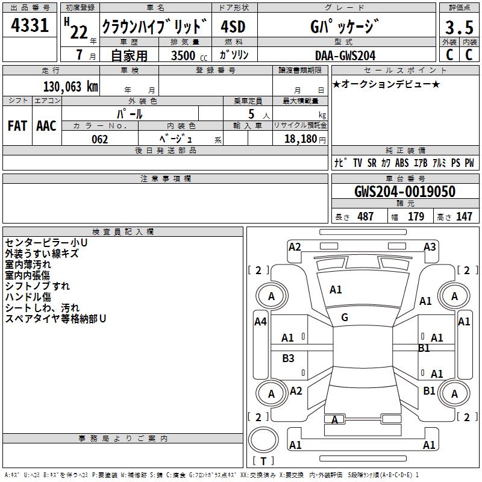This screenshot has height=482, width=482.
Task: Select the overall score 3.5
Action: (x=459, y=28)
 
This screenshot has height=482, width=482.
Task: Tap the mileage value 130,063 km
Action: (x=70, y=86)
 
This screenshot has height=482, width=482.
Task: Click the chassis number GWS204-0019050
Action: (x=404, y=192)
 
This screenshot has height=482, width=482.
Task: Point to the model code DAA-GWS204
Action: (x=345, y=55)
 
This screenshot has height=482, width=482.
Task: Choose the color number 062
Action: (x=99, y=139)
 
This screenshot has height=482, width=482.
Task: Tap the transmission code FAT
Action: (x=17, y=126)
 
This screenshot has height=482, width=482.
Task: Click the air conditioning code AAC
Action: (x=46, y=126)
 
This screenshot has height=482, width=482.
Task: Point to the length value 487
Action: (x=365, y=216)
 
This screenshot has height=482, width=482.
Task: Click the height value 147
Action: (x=464, y=216)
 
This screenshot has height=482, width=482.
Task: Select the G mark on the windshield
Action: (x=345, y=318)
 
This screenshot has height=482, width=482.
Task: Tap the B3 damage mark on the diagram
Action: (x=289, y=358)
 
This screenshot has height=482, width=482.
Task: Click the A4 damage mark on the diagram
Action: (x=260, y=322)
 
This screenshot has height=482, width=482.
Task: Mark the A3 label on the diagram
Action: (x=430, y=246)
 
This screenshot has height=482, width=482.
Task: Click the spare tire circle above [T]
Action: (x=263, y=440)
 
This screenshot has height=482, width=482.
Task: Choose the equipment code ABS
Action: (x=402, y=163)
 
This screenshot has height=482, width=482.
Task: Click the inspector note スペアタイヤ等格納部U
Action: (x=55, y=318)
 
